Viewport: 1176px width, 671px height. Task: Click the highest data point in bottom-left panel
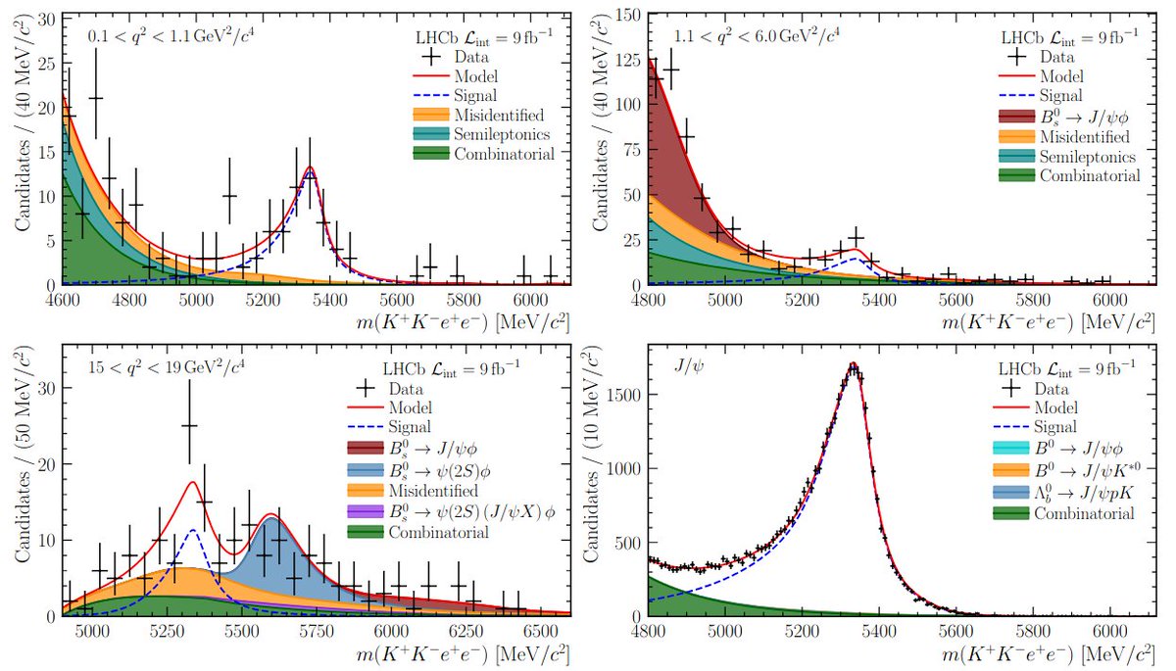[x=189, y=425]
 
